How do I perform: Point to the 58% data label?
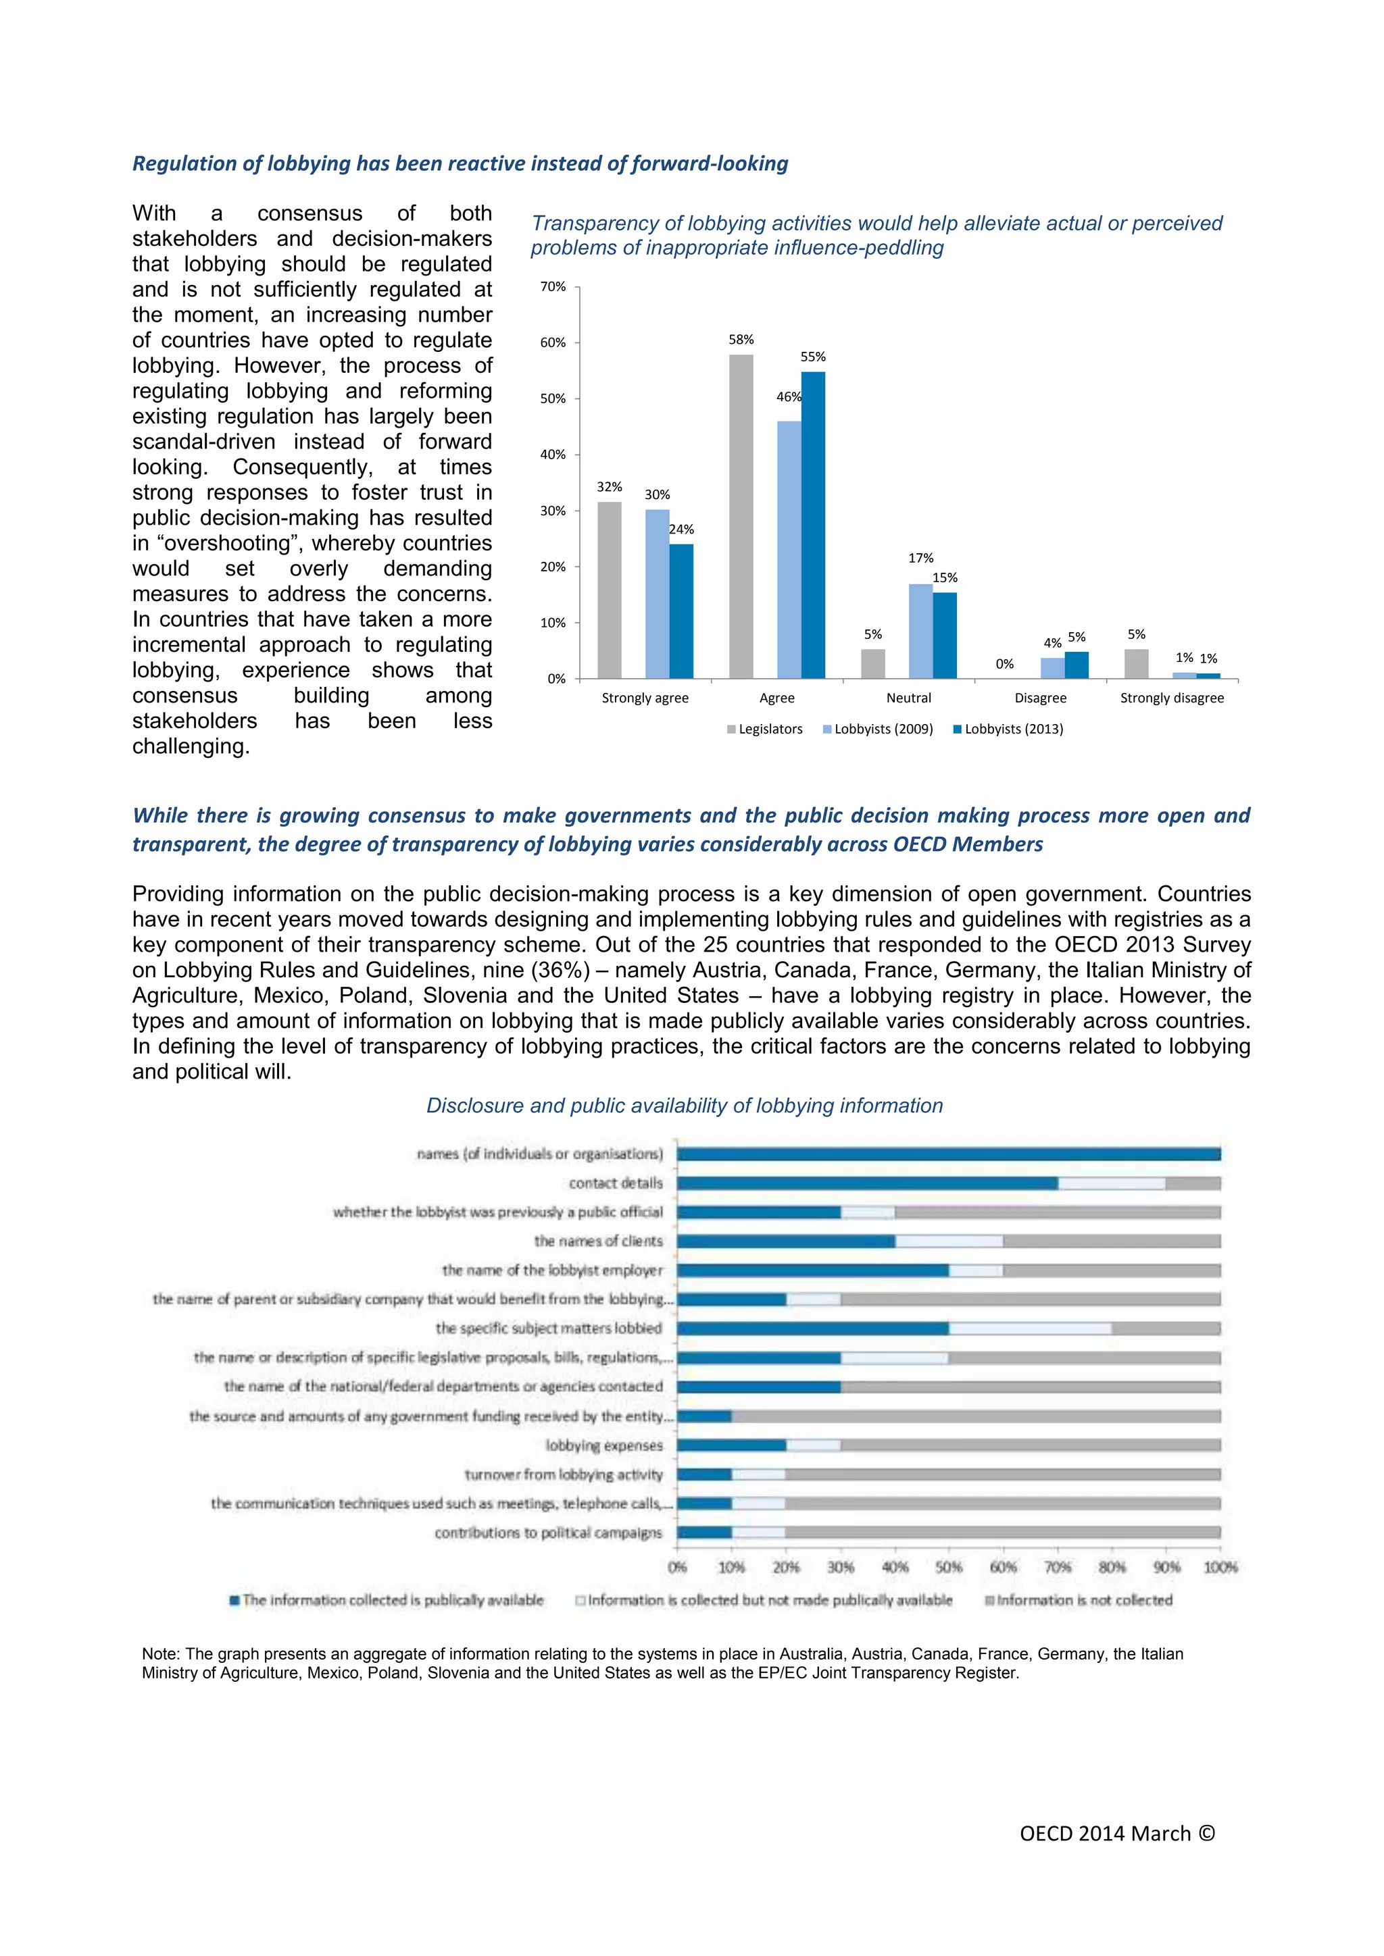[741, 340]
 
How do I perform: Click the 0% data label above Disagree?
[1005, 664]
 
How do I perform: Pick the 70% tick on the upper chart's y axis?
[553, 287]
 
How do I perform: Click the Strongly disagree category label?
[1171, 698]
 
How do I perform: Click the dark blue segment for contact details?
[867, 1183]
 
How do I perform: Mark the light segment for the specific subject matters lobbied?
[1029, 1329]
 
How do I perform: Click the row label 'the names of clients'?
[597, 1241]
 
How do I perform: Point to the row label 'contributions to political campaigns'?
[548, 1533]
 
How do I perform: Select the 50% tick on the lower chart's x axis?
[949, 1567]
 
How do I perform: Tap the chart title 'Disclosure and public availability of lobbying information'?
[685, 1106]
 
